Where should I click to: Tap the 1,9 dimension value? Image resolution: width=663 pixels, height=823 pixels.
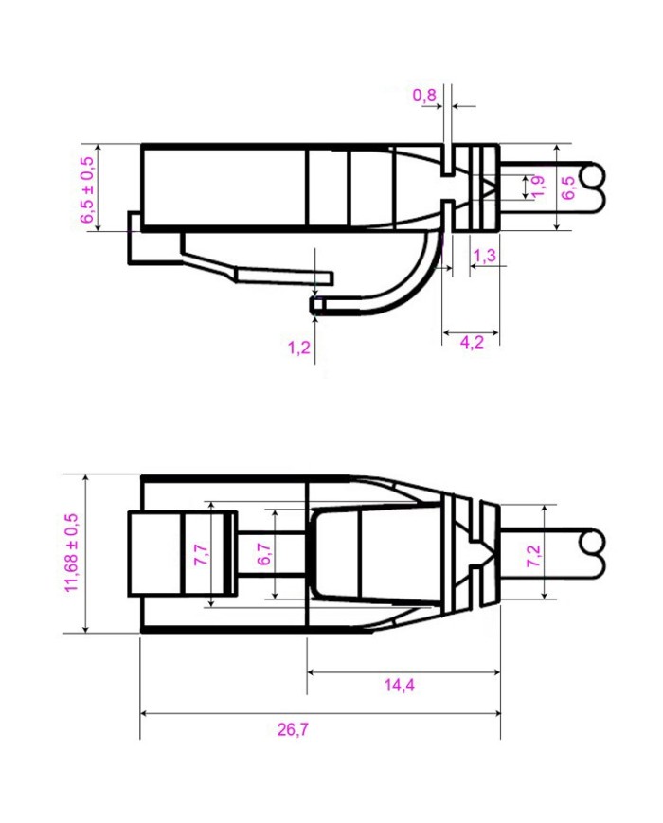pos(537,186)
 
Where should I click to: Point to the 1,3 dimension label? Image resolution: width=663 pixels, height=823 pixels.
pos(484,255)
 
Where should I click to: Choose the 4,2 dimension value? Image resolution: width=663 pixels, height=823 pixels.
pos(472,342)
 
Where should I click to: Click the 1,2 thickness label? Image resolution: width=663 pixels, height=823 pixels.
pos(299,347)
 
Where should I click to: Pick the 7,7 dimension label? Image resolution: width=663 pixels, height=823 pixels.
pos(200,555)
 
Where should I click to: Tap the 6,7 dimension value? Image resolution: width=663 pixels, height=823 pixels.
pos(264,555)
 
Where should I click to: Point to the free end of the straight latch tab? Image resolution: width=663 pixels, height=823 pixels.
pos(331,277)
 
